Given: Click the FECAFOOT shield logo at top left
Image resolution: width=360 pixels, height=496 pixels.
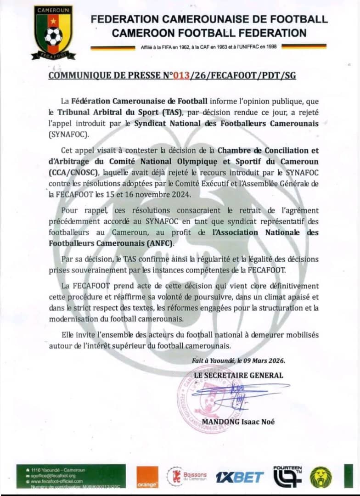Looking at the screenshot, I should point(53,32).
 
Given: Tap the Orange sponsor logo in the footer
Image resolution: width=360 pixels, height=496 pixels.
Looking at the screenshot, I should point(147,478).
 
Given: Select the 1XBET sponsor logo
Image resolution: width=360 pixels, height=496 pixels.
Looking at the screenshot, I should point(240,477).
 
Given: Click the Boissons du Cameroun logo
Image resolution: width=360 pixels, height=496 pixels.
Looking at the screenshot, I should point(187,476).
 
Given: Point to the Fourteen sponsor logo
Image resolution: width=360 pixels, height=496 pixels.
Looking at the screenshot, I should point(287,476).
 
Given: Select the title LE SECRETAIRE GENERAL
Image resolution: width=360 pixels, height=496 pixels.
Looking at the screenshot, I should point(238,375).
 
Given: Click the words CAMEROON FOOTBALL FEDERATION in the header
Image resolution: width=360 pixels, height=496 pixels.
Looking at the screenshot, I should point(209,33).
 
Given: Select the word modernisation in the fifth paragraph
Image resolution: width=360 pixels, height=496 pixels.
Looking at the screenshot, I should point(76,319).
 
